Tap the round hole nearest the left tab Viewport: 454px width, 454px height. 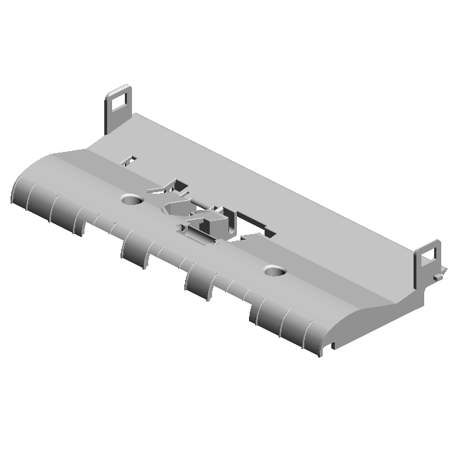[131, 201]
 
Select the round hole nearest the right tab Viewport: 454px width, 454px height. [275, 271]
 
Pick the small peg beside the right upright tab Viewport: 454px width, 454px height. [442, 270]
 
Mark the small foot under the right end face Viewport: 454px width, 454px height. [329, 348]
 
